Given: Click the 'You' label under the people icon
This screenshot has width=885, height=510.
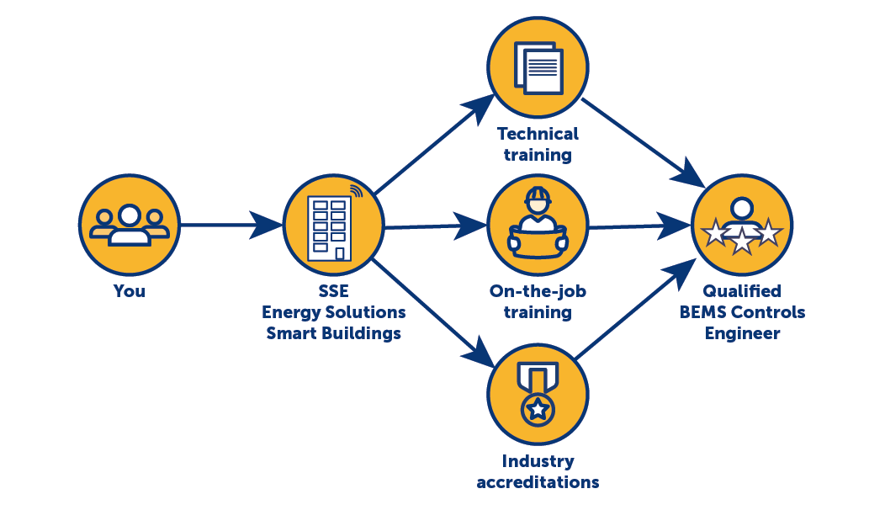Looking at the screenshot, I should pos(130,292).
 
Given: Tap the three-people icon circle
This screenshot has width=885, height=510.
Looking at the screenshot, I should pos(130,224).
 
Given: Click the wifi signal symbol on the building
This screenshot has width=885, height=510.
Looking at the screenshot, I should pos(357,191).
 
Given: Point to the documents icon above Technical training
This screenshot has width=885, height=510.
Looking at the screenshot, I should pos(538,67).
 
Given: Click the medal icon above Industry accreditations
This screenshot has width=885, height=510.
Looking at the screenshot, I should pos(538,392).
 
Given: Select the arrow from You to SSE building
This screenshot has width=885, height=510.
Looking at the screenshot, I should pos(231,225).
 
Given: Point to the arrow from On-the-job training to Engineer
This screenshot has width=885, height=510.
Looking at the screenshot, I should pos(639,226).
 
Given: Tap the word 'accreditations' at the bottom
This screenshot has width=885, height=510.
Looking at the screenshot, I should pos(538,482).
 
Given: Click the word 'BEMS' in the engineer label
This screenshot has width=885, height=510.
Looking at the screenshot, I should pos(703,312).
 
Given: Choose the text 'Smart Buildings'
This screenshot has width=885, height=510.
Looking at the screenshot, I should pos(333,333).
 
